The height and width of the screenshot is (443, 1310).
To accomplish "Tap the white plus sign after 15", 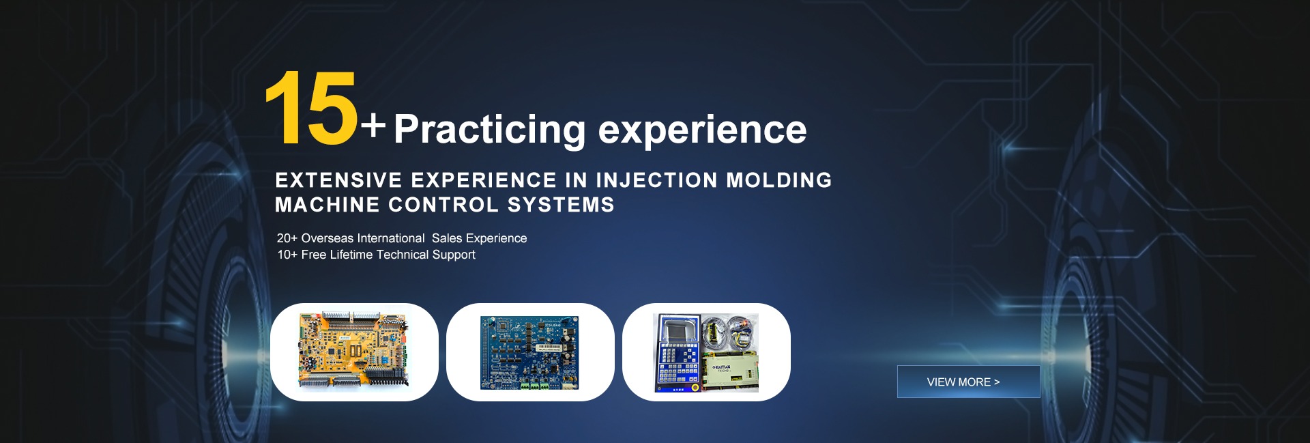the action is point(373,126).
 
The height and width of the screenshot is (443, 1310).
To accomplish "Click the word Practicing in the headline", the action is point(490,130).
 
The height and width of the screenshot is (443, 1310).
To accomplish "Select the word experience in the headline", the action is point(702,130).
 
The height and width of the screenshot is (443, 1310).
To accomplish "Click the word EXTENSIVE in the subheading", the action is point(338,180).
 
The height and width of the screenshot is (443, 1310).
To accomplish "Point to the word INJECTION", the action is point(656,180).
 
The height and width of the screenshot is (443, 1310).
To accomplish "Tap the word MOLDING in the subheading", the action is point(779,180).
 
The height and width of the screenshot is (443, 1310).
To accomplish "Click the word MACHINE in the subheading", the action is point(327,205).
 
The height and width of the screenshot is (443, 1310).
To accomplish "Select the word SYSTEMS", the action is point(561,205).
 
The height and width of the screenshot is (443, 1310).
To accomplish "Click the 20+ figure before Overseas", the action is point(287,238).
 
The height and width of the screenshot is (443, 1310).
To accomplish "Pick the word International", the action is point(391,238).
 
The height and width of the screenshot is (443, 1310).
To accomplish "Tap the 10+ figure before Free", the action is point(287,255).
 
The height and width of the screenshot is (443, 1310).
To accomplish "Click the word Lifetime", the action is point(351,255).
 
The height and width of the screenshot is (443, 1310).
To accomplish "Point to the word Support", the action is point(454,255).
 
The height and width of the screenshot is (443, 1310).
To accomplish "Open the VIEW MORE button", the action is point(968,382).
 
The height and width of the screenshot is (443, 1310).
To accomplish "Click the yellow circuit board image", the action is point(353,350).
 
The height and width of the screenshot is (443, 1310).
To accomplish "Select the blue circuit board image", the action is point(529,352).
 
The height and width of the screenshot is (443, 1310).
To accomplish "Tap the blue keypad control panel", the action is point(678,353).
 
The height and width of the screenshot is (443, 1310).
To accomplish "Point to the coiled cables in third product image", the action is point(729,332).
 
